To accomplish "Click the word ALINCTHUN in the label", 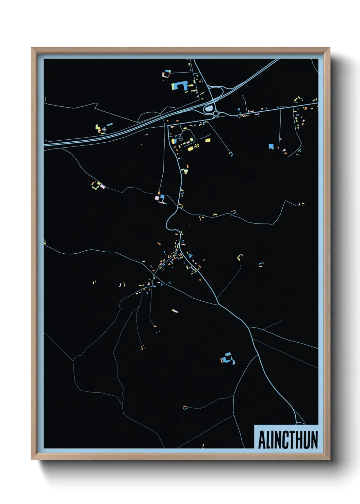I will point(288,440).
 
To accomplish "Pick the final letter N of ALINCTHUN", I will point(314,440).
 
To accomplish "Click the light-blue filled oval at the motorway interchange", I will point(209,109).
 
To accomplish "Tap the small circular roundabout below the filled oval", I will point(216,114).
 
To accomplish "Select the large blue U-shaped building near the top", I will point(180,85).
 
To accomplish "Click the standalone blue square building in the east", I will point(271,146).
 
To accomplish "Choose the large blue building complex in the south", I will point(228,358).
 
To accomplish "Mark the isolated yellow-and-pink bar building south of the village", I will point(175,311).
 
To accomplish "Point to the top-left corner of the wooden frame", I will point(32,48).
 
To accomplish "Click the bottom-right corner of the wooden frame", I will point(329,459).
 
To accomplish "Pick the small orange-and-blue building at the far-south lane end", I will point(185,407).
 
